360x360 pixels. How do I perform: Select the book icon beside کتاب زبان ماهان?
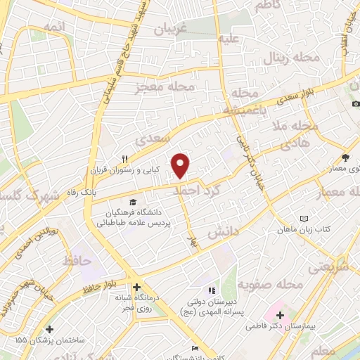point(304,219)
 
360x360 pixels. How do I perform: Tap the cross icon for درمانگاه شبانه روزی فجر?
point(136,287)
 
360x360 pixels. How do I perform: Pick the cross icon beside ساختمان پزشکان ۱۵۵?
point(49,328)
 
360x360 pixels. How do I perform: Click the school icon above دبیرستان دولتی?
point(210,290)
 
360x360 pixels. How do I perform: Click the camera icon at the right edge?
point(356,104)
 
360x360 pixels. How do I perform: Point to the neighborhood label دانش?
point(224,231)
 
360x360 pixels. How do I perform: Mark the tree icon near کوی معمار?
point(345,157)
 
